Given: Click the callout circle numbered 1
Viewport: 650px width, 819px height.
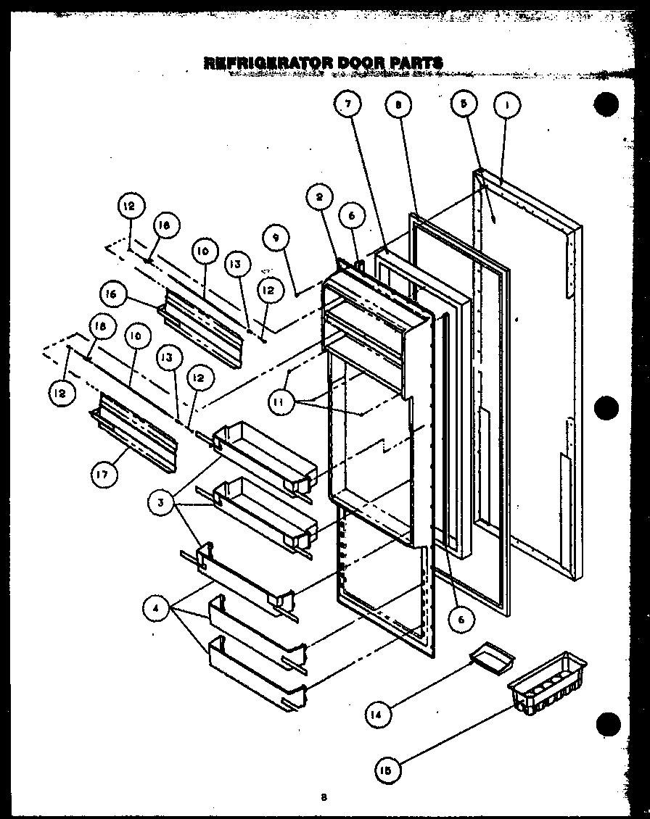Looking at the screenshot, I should click(x=506, y=107).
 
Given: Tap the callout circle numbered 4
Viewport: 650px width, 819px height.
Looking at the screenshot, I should click(x=155, y=610).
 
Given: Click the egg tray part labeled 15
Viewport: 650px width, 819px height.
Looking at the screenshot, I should click(x=548, y=686).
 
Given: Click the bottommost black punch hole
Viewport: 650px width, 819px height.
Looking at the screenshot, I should click(x=608, y=723).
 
